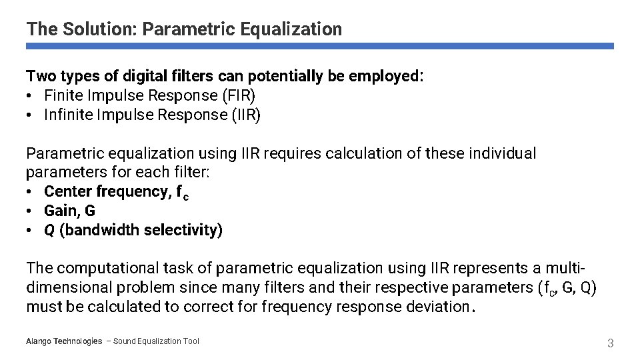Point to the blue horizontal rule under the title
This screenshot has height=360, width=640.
pos(320,47)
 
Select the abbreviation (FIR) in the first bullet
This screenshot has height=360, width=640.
pos(237,95)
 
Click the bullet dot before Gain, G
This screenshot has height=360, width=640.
pos(31,211)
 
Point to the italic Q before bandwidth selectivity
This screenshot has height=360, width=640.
pos(49,230)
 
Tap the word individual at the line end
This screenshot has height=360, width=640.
pos(503,153)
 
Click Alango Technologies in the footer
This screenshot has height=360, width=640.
pos(64,341)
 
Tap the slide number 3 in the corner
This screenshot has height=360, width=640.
pos(609,343)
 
